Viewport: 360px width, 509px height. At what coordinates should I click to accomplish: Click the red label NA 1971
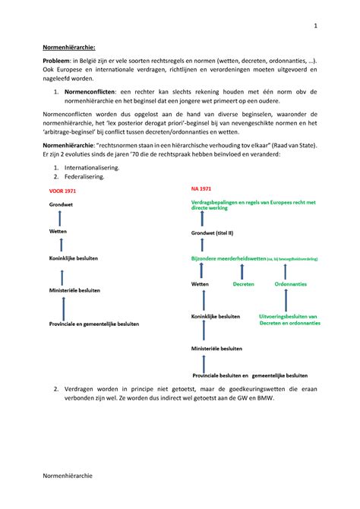point(202,187)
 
